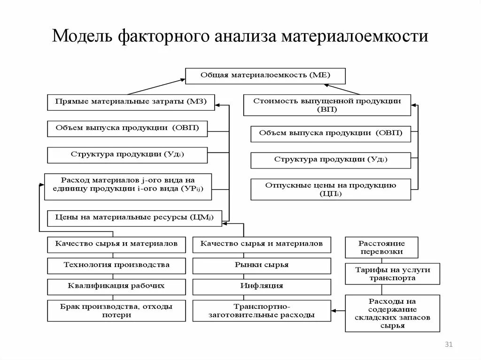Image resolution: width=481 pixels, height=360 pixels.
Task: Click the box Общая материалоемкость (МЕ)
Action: [265, 76]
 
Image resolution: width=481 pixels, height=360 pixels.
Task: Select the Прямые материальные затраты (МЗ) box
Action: [131, 102]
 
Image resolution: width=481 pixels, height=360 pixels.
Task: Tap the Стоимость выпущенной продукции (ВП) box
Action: [327, 105]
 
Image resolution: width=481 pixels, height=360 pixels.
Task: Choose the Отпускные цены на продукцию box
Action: [330, 189]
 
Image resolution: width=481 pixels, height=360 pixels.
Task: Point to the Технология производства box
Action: [116, 265]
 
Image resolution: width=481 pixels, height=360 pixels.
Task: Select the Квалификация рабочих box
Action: [116, 286]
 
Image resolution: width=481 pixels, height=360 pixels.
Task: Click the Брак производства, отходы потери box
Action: [116, 311]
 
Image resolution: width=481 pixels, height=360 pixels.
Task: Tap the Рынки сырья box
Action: [262, 265]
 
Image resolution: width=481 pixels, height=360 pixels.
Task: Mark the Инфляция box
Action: [262, 286]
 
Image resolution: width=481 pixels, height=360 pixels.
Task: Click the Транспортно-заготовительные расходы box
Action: [262, 311]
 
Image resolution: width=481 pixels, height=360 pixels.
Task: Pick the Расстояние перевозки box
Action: [381, 247]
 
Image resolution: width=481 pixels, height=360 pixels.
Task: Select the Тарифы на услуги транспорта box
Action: [393, 274]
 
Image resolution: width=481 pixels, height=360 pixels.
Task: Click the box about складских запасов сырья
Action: [393, 313]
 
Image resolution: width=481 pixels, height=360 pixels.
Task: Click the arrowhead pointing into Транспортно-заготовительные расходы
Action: [334, 310]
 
